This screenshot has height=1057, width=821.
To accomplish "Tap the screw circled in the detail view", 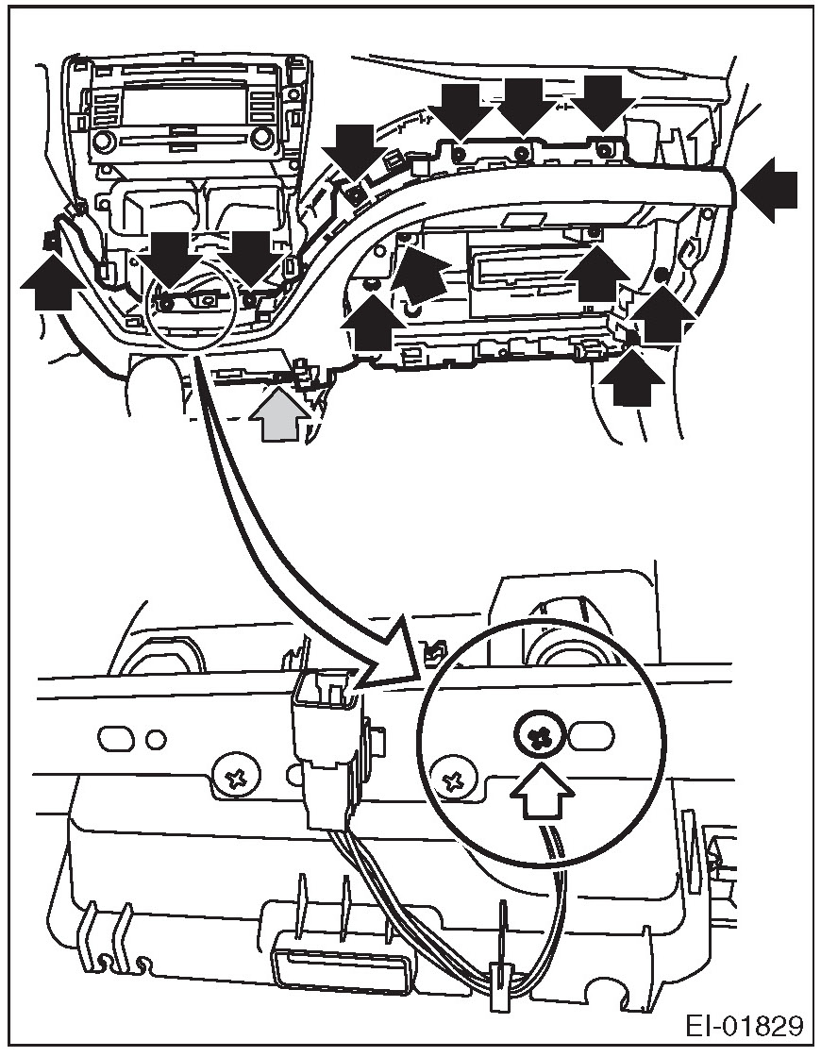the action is [x=541, y=738].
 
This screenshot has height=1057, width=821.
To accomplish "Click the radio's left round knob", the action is [x=104, y=143].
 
